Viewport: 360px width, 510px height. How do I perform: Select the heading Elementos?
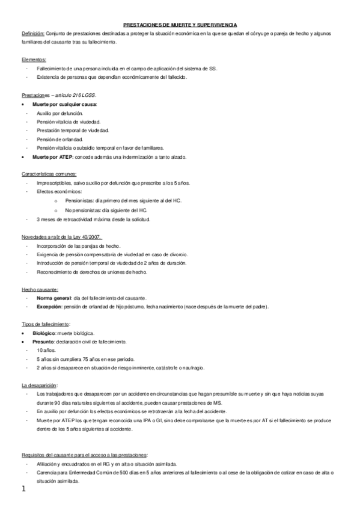[33, 60]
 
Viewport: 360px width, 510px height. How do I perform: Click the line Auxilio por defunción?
[59, 113]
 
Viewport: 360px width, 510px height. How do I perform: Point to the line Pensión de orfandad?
[59, 139]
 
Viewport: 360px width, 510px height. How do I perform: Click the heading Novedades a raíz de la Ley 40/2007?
[61, 237]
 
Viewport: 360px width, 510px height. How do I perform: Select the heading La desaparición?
[39, 384]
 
